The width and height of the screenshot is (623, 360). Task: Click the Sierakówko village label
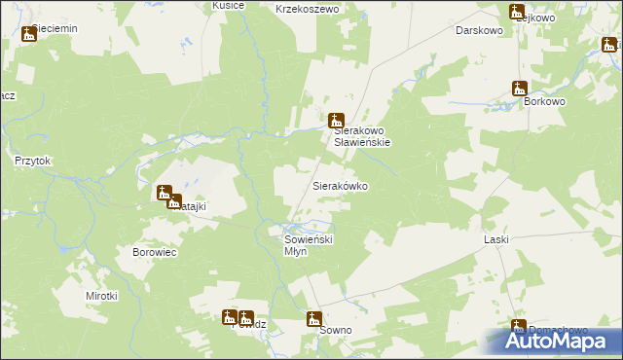(339, 185)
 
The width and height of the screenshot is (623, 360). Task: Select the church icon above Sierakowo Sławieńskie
(337, 121)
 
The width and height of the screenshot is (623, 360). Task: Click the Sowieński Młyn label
(309, 244)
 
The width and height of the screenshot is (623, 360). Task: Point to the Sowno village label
(335, 331)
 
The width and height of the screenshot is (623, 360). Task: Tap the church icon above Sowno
(314, 318)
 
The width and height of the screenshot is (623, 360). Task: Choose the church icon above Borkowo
(520, 88)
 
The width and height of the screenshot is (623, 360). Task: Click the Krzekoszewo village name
(306, 8)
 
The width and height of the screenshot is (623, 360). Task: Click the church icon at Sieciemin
(28, 34)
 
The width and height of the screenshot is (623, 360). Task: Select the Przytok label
(32, 162)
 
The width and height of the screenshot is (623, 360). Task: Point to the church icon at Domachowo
(519, 327)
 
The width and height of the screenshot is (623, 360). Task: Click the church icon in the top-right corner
(609, 44)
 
